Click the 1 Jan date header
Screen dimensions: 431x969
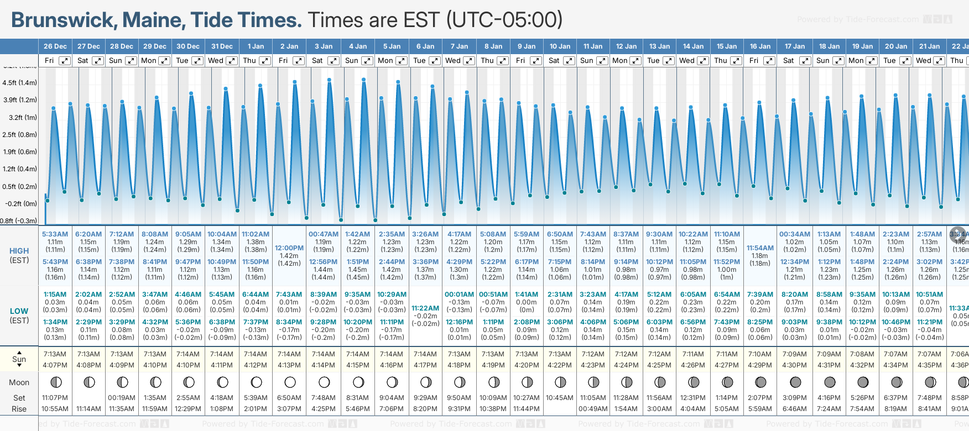pos(256,46)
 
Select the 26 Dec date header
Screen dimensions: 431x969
pos(55,46)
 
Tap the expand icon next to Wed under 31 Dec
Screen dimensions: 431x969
pos(232,61)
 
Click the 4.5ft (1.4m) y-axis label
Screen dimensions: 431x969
pos(19,83)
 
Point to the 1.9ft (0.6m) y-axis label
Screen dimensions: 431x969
pos(19,151)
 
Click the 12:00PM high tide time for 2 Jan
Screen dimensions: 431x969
pos(289,248)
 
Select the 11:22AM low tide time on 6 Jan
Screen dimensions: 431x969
pos(425,308)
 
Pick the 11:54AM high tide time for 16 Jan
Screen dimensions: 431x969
pos(760,248)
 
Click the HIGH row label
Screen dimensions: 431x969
pos(19,251)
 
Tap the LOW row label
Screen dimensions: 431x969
pos(19,311)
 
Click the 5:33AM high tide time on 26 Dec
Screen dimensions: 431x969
pos(55,234)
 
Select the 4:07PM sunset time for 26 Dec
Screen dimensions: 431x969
pos(55,365)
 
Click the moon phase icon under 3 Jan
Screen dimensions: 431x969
pos(324,382)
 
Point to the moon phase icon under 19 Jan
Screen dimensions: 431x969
pos(863,382)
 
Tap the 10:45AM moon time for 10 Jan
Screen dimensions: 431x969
pos(560,398)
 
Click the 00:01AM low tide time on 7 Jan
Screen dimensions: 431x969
pos(459,295)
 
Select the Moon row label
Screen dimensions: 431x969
pos(19,382)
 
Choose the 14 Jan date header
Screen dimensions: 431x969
pos(693,46)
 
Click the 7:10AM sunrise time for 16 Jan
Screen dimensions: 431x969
pos(760,354)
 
